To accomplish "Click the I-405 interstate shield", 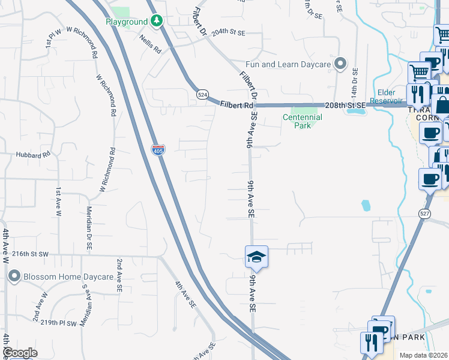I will coord(158,150).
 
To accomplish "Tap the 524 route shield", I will coord(202,95).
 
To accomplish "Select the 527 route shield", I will coord(424,213).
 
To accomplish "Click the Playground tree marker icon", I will coord(157,22).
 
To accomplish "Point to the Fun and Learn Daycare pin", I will coord(340,64).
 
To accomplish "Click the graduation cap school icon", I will coord(256,257).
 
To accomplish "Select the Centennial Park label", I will coord(303,121).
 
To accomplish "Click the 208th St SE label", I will coord(345,105).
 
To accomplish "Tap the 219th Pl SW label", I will coord(60,323).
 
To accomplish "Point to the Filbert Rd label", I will coord(236,104).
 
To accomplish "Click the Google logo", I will coord(20,353).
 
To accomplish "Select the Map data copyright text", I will coord(424,355).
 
